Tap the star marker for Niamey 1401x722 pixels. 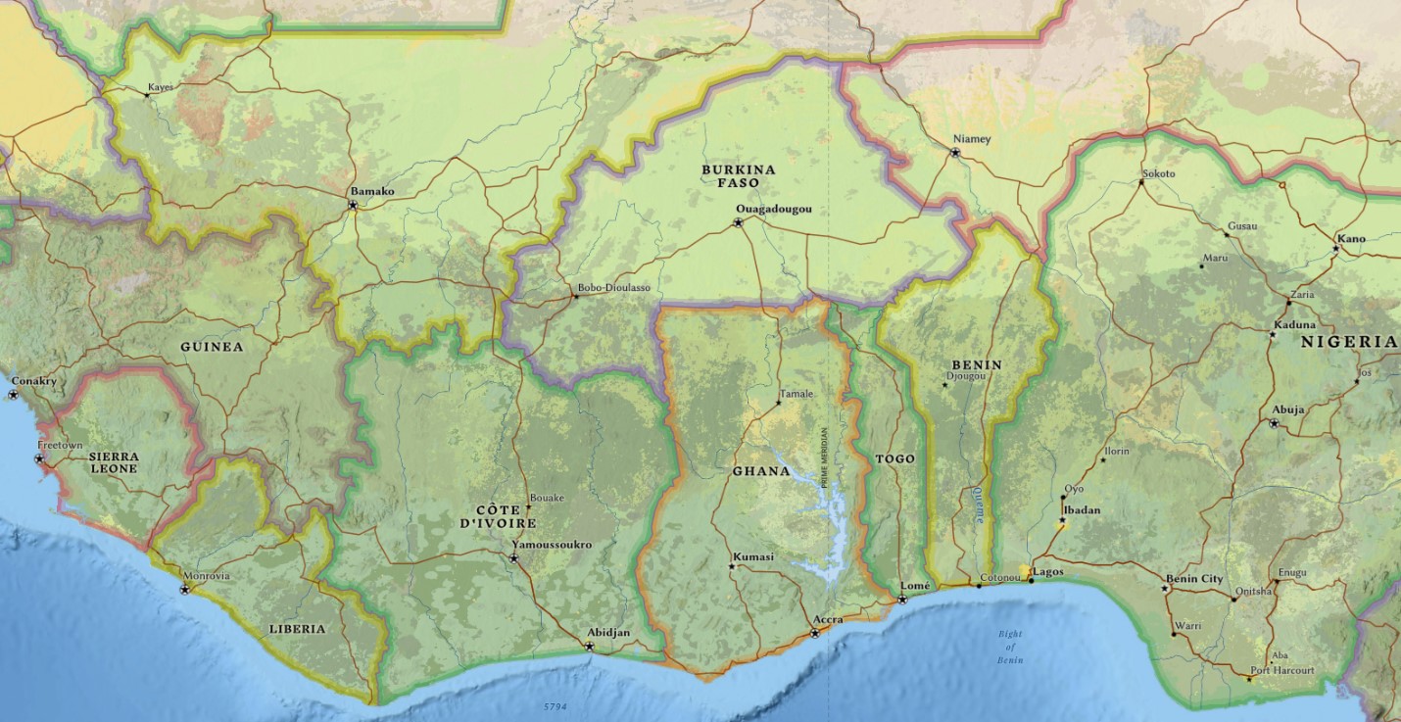click(x=955, y=153)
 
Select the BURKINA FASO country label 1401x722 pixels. click(x=738, y=176)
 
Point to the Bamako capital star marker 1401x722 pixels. click(x=353, y=205)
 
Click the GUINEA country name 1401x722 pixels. click(x=212, y=347)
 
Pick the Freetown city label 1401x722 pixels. click(x=60, y=446)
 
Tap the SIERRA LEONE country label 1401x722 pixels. click(x=114, y=462)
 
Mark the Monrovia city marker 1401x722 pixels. click(x=185, y=589)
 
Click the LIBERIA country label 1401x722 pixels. click(x=297, y=629)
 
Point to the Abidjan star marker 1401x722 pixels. click(x=589, y=647)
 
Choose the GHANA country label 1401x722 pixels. click(x=760, y=471)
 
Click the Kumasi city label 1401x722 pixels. click(x=753, y=556)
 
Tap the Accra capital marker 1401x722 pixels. click(x=815, y=633)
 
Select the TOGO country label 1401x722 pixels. click(x=894, y=458)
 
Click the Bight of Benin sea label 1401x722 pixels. click(x=1010, y=647)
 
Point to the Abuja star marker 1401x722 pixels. click(x=1274, y=423)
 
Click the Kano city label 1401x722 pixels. click(x=1351, y=238)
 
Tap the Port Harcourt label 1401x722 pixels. click(x=1281, y=670)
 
